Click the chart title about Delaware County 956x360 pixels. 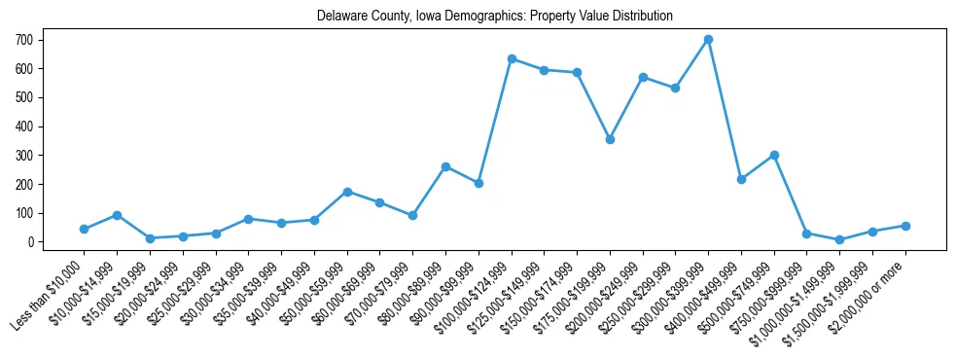coord(495,17)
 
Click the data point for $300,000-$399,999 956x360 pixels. coord(708,39)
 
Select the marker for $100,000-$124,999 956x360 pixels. coord(511,58)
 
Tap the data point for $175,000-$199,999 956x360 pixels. coord(610,139)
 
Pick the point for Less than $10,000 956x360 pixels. coord(84,229)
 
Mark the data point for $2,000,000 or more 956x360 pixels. coord(905,226)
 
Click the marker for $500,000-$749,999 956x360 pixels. coord(774,155)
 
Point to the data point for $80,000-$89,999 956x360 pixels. coord(445,166)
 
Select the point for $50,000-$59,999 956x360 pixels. coord(347,192)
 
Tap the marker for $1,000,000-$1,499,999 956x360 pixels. coord(839,239)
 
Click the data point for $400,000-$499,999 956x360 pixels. coord(741,179)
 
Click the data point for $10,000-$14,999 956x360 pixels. coord(117,215)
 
